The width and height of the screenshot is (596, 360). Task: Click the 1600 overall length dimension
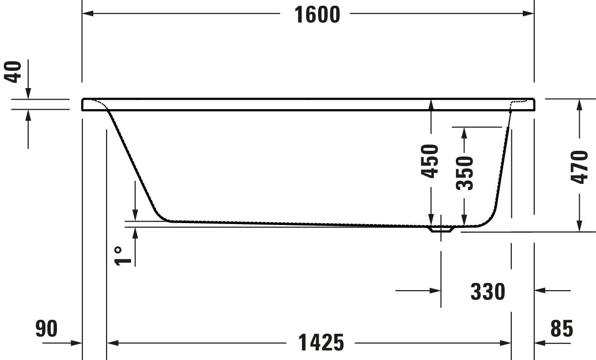click(x=317, y=15)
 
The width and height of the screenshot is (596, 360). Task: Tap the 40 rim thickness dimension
click(x=12, y=72)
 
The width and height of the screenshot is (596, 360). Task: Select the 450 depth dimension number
click(x=430, y=161)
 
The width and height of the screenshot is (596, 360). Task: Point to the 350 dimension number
click(x=464, y=173)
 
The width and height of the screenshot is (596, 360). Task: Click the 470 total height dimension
click(x=579, y=167)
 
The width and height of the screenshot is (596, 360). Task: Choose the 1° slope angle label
click(x=122, y=256)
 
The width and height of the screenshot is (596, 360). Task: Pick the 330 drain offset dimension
click(x=488, y=292)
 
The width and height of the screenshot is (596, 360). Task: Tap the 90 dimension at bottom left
click(x=46, y=329)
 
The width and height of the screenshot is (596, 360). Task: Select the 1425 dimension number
click(x=321, y=343)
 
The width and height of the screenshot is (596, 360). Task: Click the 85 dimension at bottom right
click(x=562, y=329)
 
